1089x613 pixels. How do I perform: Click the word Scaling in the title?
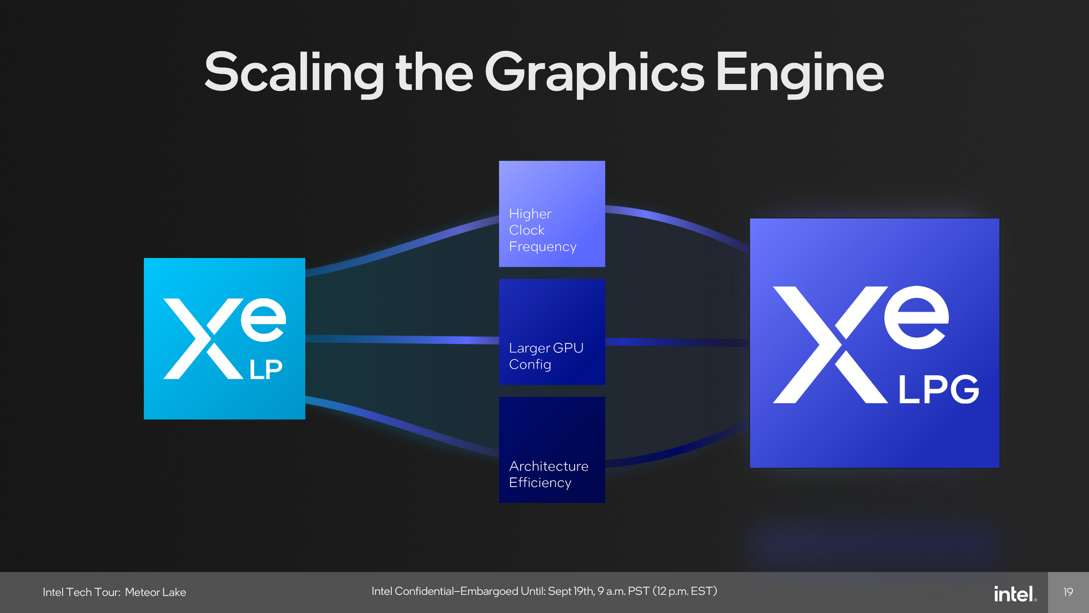[x=294, y=73]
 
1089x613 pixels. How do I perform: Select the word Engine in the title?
[x=799, y=73]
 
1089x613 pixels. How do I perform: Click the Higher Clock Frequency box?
[x=551, y=213]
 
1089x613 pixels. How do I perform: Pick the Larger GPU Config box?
[x=551, y=331]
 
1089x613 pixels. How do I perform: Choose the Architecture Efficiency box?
[x=551, y=450]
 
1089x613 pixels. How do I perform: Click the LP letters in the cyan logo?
[x=266, y=370]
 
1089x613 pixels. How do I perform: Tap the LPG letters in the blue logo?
[x=938, y=389]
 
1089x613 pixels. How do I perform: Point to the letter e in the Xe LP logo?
[x=263, y=319]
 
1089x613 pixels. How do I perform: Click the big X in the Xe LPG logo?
[x=829, y=345]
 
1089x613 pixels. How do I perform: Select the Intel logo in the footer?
[x=1015, y=594]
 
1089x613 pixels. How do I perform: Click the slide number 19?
[x=1068, y=592]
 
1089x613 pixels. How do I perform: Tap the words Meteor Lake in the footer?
[x=155, y=592]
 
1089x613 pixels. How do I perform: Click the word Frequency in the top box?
[x=542, y=247]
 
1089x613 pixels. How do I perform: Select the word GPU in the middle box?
[x=568, y=348]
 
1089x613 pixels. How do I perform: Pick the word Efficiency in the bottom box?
[x=540, y=482]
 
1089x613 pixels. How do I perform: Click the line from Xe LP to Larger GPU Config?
[x=403, y=339]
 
